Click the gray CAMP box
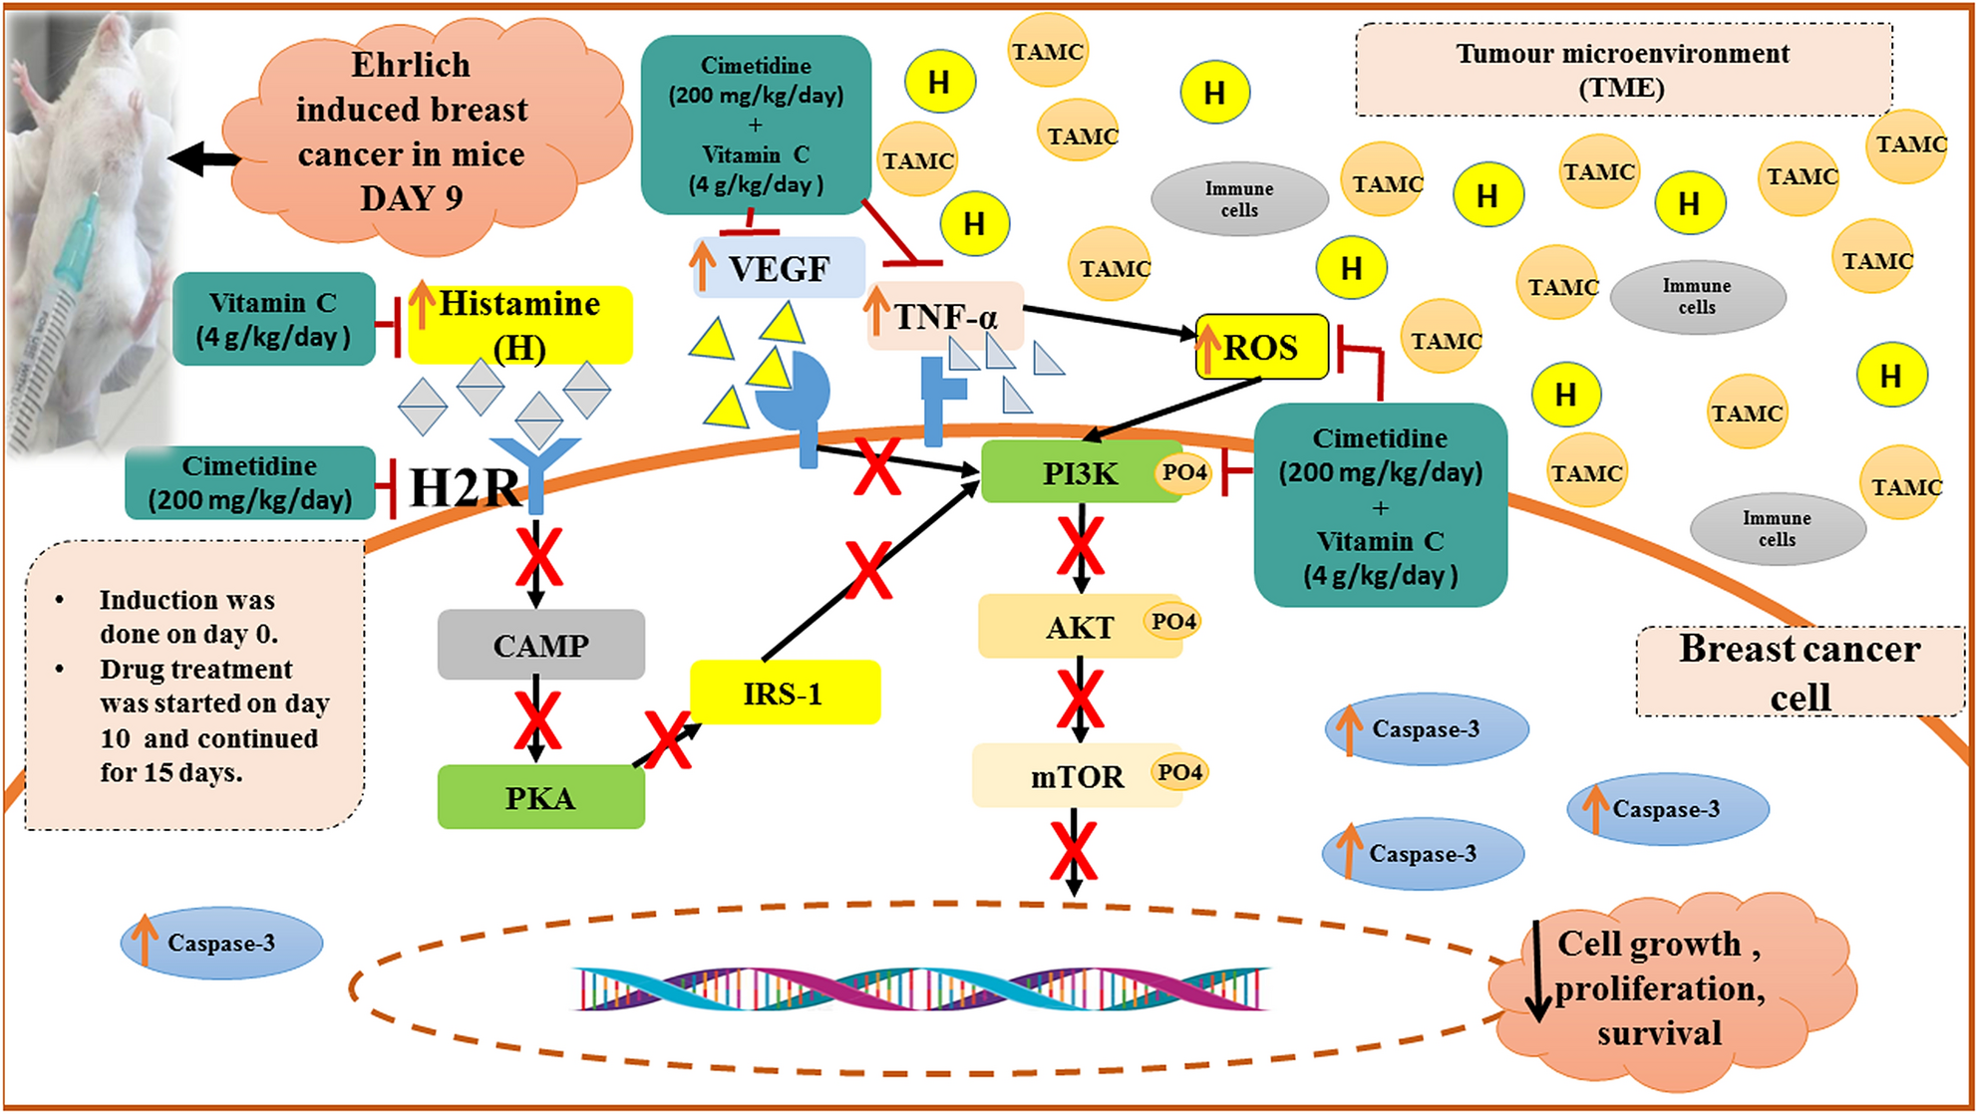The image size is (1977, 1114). (540, 645)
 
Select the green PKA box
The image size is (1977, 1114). (540, 797)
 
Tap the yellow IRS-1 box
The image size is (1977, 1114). (784, 693)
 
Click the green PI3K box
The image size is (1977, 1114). (1067, 473)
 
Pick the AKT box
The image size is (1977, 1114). (1067, 627)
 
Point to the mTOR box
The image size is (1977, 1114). (1067, 775)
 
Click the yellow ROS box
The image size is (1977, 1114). (1261, 347)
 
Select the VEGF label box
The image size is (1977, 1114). (779, 268)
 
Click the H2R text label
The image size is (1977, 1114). (465, 487)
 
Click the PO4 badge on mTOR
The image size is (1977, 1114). (1180, 772)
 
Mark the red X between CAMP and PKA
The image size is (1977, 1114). (537, 720)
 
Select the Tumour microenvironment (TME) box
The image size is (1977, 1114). (1622, 69)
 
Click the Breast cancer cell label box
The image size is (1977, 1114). (1799, 672)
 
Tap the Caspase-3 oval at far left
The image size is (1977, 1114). (221, 943)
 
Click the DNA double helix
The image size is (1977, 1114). (922, 988)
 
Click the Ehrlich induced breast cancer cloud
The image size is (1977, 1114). (411, 132)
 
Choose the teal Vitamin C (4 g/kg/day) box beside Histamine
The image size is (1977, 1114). (273, 319)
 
